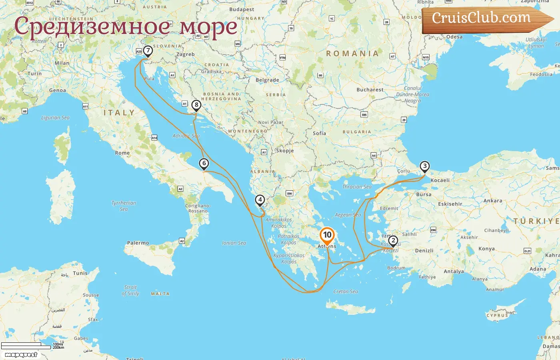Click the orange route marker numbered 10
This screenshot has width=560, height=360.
coord(327,235)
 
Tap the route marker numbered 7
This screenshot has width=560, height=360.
coord(148,51)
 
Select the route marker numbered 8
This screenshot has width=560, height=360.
coord(196,105)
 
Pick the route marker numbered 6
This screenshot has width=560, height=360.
coord(204,163)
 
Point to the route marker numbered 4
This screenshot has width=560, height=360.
coord(260,200)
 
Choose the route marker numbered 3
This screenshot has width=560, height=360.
coord(424,166)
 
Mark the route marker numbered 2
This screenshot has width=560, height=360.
coord(393,240)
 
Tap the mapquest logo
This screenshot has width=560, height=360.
coord(21,355)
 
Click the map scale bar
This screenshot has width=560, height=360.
coord(26,346)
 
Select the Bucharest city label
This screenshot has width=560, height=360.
coord(370,90)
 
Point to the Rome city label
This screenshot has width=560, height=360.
coord(122,153)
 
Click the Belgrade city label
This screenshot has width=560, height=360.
coord(267,80)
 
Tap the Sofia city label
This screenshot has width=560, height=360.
coord(319,133)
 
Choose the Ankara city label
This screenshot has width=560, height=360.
coord(493,201)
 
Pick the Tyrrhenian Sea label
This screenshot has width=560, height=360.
coord(124,206)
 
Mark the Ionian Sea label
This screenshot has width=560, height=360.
coord(234,243)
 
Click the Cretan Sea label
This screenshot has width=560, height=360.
coord(346,292)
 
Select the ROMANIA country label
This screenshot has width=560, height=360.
coord(352,54)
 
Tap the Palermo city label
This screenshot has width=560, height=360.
coord(138,243)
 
